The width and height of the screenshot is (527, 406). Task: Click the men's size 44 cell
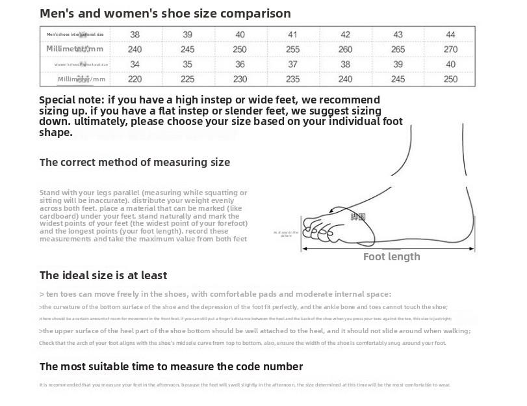pos(450,34)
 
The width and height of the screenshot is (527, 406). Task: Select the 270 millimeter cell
pos(450,49)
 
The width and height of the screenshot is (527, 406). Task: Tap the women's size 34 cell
pos(135,64)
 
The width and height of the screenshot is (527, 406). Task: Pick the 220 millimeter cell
pos(135,79)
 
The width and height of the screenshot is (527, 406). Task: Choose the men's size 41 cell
pos(292,34)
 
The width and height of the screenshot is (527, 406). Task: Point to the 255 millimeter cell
pos(292,49)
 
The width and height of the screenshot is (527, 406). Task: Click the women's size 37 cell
pos(292,64)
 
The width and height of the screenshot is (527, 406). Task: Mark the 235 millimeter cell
pos(292,79)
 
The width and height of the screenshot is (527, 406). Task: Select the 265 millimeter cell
pos(398,49)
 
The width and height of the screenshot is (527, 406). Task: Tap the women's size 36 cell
pos(240,64)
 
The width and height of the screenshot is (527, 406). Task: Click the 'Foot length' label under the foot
pos(391,257)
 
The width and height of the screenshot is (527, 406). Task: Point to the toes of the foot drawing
pos(318,228)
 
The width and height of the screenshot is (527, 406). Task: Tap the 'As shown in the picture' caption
pos(286,234)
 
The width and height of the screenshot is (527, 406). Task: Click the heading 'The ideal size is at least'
pos(103,275)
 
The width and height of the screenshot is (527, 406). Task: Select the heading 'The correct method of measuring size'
pos(135,162)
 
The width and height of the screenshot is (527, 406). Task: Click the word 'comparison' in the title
pos(253,14)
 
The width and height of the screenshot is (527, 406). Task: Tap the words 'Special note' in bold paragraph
pos(71,100)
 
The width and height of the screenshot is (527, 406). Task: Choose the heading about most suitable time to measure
pos(171,366)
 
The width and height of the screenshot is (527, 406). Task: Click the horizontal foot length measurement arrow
pos(390,248)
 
